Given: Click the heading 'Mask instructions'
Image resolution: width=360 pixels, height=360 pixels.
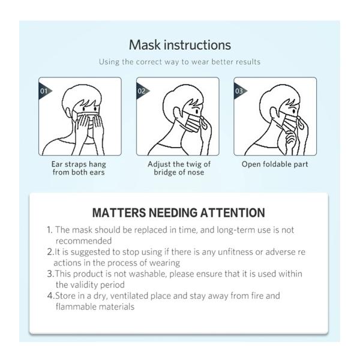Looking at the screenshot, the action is (x=180, y=45).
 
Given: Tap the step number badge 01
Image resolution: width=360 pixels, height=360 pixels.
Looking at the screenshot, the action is (x=44, y=91).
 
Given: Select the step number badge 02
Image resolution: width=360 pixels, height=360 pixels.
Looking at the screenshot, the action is (x=142, y=91).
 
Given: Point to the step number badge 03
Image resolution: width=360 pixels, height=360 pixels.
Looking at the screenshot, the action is (x=239, y=91).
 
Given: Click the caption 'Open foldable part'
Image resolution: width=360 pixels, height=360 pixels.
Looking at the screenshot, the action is (x=275, y=164).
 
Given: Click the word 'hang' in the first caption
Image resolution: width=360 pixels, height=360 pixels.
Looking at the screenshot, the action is (x=97, y=164).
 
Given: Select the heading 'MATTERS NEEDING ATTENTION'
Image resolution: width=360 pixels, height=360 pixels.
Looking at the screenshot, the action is (x=179, y=212).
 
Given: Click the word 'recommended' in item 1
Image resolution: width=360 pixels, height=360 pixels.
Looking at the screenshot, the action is (x=83, y=241).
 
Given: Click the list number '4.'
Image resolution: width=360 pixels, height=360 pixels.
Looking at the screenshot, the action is (x=51, y=296).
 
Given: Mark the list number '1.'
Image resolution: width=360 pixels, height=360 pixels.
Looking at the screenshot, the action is (x=50, y=230).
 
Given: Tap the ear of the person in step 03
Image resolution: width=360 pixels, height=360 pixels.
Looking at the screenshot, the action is (x=274, y=114).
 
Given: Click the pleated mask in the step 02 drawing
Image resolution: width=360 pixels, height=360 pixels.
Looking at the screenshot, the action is (x=192, y=122).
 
